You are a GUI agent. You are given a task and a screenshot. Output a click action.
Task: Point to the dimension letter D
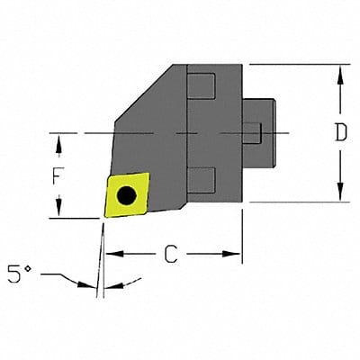pos(340,133)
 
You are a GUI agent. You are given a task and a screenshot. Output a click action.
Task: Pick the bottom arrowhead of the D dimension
pos(340,195)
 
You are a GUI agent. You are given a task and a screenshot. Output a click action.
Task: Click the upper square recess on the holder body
pos(202,88)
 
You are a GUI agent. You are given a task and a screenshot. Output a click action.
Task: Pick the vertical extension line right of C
pos(242,234)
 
